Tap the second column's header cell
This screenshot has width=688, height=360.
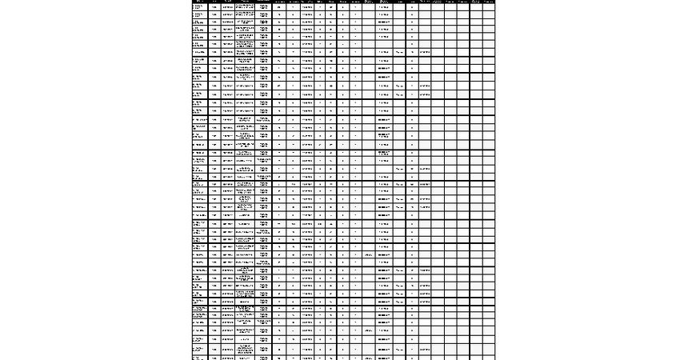(214, 2)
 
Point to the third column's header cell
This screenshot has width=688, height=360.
(227, 2)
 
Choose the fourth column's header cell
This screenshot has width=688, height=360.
(246, 2)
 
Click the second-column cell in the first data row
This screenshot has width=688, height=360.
(214, 7)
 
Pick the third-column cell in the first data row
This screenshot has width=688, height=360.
(227, 7)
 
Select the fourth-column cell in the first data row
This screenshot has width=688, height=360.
(246, 7)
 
